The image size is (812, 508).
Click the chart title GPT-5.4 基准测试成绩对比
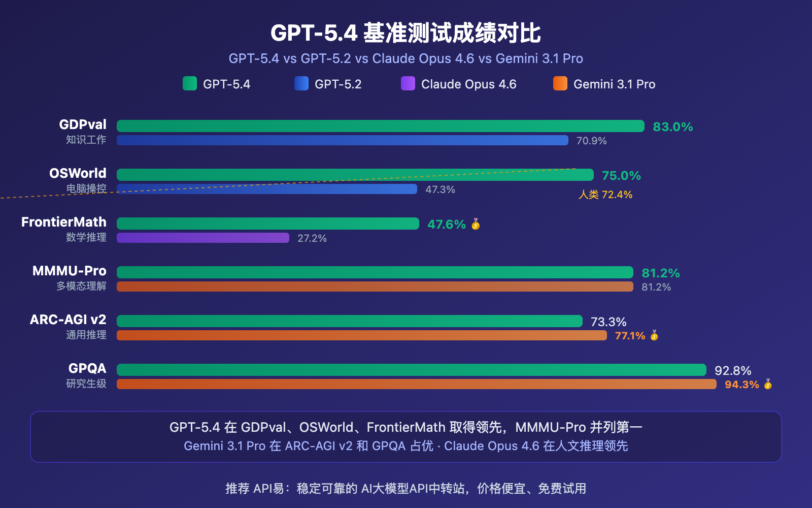click(405, 33)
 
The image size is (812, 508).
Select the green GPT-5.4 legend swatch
click(190, 83)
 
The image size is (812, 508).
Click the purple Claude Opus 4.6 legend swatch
click(408, 83)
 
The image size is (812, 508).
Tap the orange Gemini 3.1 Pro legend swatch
click(560, 83)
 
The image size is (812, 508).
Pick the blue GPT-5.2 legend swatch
click(301, 83)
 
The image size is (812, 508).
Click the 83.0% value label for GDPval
click(672, 126)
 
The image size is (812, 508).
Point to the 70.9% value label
click(591, 141)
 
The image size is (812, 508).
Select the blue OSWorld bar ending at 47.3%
click(266, 189)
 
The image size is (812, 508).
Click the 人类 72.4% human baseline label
click(605, 195)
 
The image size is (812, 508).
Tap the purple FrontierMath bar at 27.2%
click(203, 238)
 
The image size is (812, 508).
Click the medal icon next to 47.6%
click(476, 224)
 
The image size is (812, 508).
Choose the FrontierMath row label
click(64, 222)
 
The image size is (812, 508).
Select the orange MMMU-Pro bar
click(375, 287)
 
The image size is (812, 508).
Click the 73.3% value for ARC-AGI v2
click(608, 322)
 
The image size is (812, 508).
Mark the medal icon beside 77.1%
click(654, 335)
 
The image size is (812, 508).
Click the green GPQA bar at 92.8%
click(411, 370)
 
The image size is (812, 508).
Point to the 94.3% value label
click(741, 385)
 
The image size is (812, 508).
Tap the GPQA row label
click(87, 368)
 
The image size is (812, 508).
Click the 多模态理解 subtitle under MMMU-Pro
click(81, 286)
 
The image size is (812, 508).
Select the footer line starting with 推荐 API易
click(405, 488)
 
